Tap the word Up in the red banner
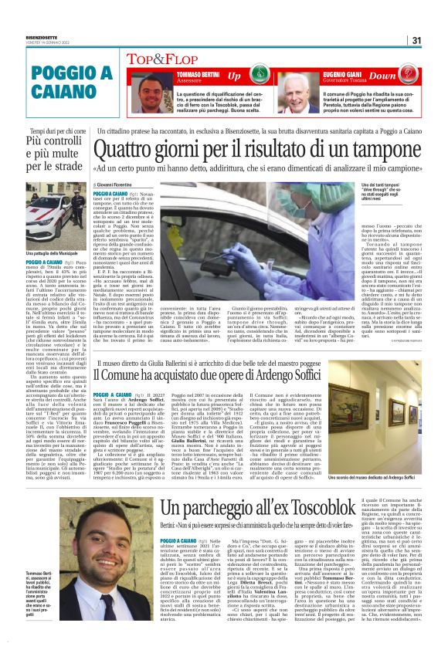(234, 75)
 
